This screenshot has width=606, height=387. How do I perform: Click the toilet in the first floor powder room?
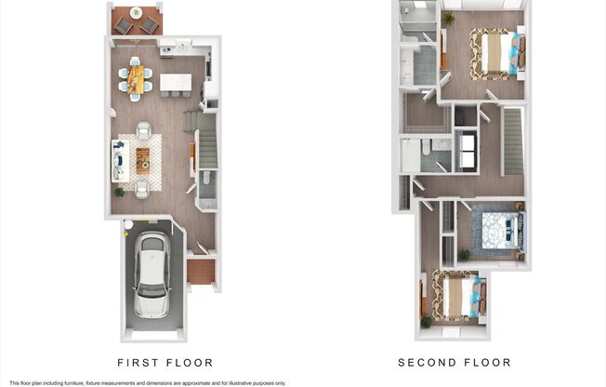tap(205, 179)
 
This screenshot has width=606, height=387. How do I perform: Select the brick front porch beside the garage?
tap(200, 272)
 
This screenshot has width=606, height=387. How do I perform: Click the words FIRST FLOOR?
tap(165, 363)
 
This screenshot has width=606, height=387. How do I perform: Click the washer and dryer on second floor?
tap(467, 152)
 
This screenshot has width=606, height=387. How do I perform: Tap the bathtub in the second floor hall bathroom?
tap(410, 154)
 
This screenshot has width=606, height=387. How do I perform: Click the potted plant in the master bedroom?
tap(449, 18)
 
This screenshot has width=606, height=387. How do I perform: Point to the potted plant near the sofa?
tap(118, 192)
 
